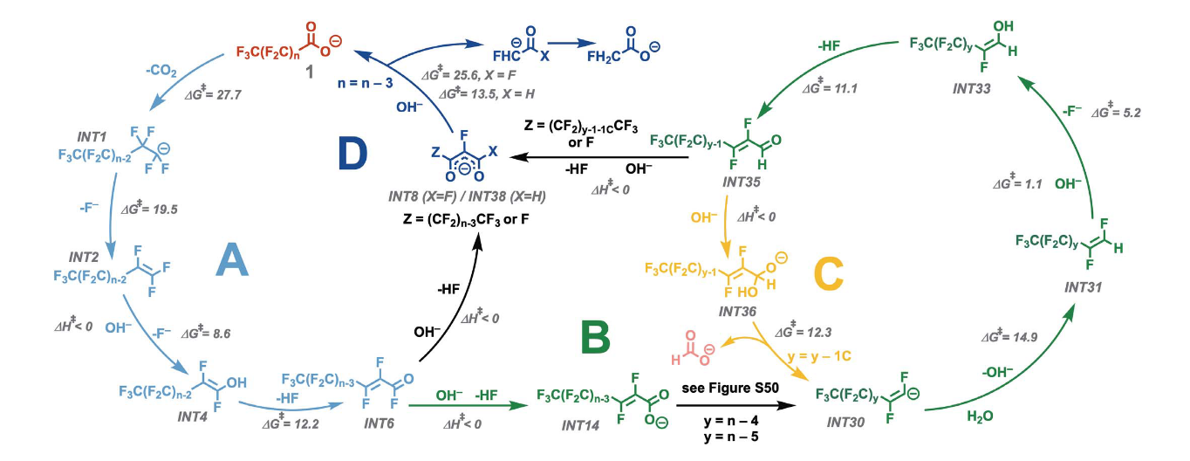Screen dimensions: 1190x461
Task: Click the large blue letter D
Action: pos(352,154)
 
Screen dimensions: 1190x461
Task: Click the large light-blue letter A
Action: pos(232,259)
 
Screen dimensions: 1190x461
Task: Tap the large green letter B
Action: pos(595,337)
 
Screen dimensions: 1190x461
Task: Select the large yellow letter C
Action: pos(828,274)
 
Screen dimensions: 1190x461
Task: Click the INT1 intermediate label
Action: pos(92,137)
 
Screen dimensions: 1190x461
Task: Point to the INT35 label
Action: pos(741,182)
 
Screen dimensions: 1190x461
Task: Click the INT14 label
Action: pos(580,425)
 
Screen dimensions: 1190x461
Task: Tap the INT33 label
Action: pos(971,88)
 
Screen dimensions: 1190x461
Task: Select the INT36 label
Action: pos(737,311)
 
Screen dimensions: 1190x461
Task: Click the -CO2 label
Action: pos(161,70)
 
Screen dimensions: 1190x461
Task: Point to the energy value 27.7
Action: pos(229,94)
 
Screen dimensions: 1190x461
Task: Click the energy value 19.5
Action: pos(165,210)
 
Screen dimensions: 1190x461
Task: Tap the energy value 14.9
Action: pos(1024,337)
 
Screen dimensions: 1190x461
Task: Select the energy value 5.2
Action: pos(1131,113)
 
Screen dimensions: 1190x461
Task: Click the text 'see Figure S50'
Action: pos(730,388)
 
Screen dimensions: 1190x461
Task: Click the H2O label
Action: pos(980,416)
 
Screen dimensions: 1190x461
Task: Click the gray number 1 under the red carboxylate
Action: pos(310,72)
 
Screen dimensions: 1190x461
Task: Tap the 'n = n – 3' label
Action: pos(366,84)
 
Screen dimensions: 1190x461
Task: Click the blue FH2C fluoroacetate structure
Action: pos(623,45)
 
